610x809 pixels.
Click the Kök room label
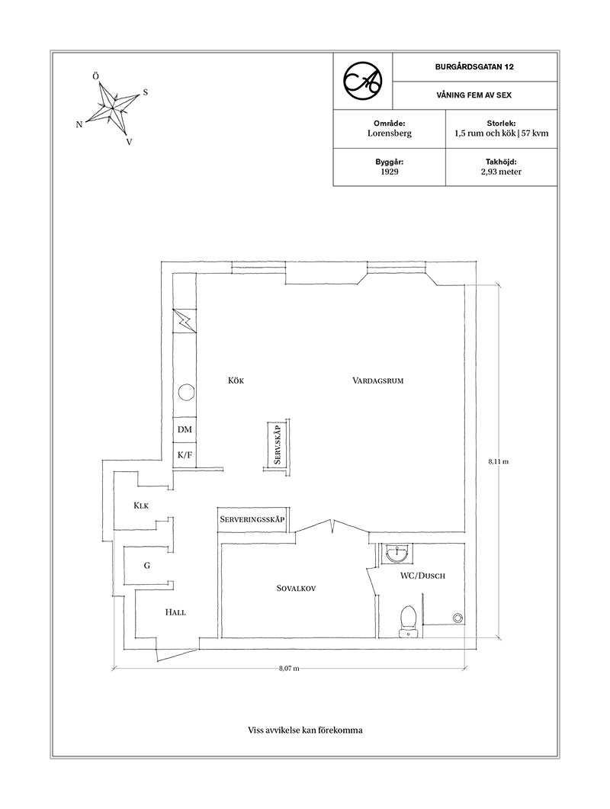[x=236, y=380]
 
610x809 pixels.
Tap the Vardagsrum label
[x=377, y=381]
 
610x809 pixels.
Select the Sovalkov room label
[x=296, y=588]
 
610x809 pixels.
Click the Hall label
[x=175, y=612]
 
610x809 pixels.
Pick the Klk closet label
[x=141, y=506]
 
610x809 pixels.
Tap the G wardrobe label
[x=147, y=566]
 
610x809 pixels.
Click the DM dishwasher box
[x=185, y=430]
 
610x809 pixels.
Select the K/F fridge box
[x=185, y=455]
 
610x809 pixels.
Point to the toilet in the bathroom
[x=408, y=620]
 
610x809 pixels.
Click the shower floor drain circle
[x=457, y=617]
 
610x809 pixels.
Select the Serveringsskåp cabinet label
[x=252, y=519]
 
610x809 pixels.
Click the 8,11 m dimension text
[x=499, y=461]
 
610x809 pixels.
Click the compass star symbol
[x=112, y=108]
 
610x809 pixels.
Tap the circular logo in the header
[x=363, y=81]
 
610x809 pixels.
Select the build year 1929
[x=390, y=172]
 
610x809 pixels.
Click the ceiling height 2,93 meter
[x=501, y=172]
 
